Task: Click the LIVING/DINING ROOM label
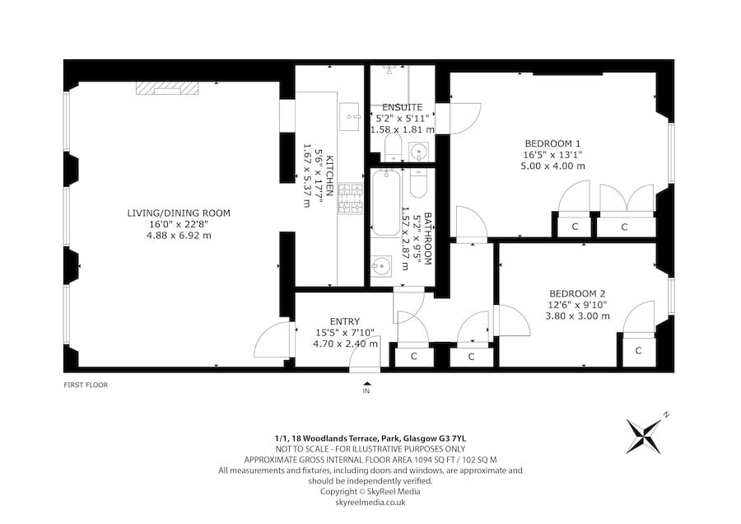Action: coord(179,213)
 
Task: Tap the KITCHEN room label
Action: coord(329,175)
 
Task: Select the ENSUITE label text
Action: coord(402,107)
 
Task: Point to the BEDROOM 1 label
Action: coord(552,143)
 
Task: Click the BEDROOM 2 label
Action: coord(577,293)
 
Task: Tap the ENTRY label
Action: coord(345,321)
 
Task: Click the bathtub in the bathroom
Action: coord(385,203)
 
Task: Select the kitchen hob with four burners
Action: coord(351,198)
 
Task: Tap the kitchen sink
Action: coord(350,116)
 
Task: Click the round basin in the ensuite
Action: coord(419,152)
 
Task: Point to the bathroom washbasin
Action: coord(381,266)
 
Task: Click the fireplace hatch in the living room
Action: coord(167,88)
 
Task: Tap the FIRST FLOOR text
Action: coord(86,385)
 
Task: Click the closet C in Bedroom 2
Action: coord(638,350)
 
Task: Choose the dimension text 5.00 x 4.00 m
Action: coord(552,166)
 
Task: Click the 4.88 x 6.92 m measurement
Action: coord(179,235)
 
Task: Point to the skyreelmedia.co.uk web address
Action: coord(370,503)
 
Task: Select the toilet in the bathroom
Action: coord(418,183)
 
